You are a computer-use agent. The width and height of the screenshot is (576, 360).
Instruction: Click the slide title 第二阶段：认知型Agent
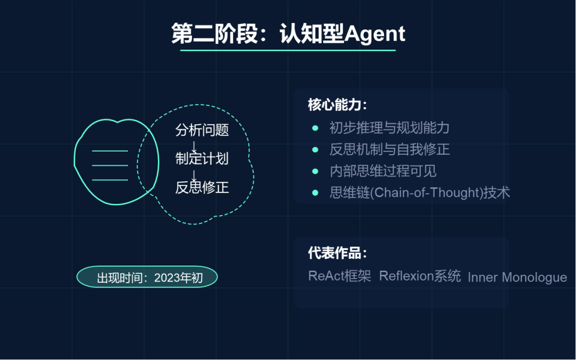point(288,34)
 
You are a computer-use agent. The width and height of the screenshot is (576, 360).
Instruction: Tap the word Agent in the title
point(375,34)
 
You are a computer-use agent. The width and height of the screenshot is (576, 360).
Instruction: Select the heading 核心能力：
point(338,105)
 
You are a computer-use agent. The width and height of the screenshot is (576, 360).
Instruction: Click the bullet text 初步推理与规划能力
point(389,128)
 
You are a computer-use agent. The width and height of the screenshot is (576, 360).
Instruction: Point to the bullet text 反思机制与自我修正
point(389,149)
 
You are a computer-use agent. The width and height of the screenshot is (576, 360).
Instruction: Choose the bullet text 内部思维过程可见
point(383,171)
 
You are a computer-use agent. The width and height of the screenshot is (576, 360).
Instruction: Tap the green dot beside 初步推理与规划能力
point(315,128)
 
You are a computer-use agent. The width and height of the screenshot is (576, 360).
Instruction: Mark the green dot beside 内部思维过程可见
point(315,171)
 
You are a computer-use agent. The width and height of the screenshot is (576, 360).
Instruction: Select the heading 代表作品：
point(338,253)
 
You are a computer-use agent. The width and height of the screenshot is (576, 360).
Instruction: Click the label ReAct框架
point(339,276)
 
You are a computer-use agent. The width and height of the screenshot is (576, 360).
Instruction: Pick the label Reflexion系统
point(420,276)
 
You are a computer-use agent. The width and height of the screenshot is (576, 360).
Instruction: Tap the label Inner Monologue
point(517,277)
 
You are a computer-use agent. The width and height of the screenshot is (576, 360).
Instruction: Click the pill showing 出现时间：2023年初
point(147,277)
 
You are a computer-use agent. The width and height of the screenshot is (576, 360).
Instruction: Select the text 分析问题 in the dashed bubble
point(202,130)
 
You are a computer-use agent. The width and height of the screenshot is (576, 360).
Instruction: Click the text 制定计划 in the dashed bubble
point(202,158)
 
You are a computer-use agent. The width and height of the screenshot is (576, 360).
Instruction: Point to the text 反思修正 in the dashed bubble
point(202,187)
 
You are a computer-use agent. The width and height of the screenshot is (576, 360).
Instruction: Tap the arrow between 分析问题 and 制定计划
point(194,145)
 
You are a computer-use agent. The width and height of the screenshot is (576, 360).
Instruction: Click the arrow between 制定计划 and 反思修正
point(194,173)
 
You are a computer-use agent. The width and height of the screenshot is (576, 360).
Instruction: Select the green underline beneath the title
point(288,50)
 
